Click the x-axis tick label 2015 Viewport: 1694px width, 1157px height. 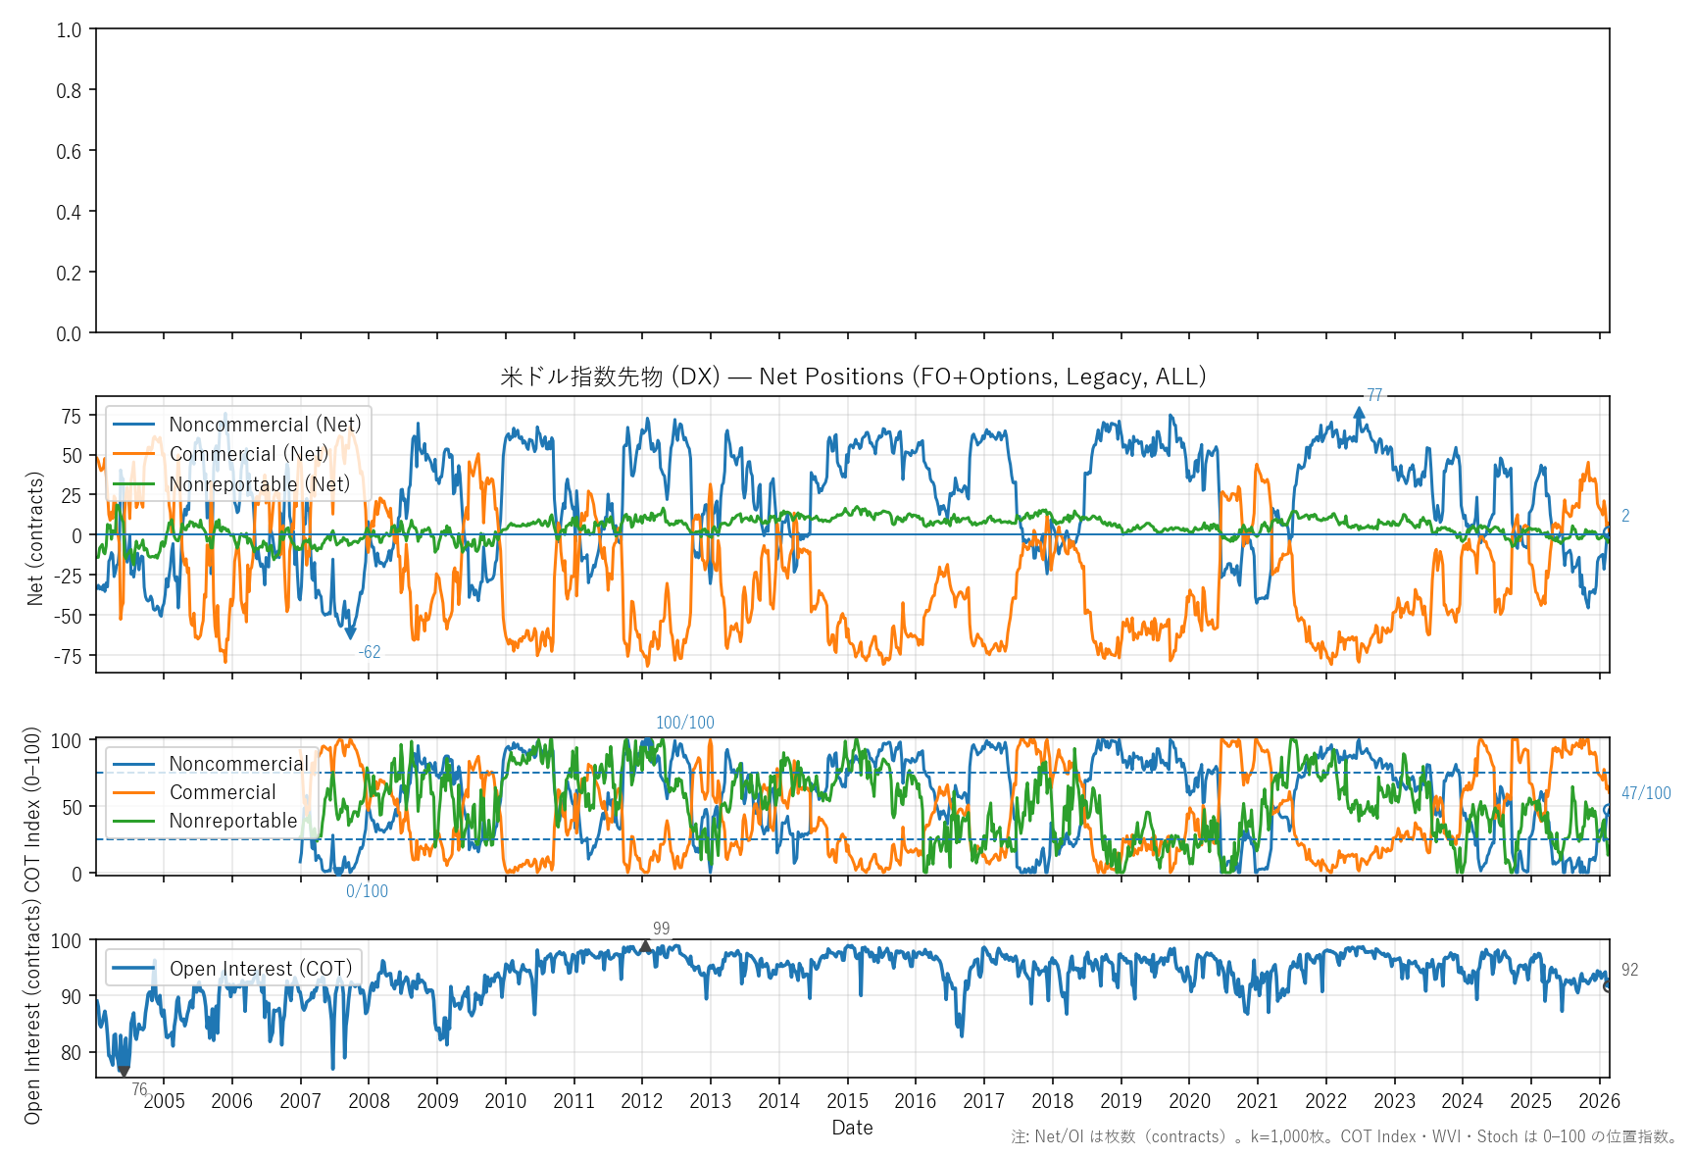point(847,1101)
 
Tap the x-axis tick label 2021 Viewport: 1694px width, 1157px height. point(1257,1101)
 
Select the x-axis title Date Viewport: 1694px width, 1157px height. point(852,1128)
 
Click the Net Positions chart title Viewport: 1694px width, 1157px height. point(852,377)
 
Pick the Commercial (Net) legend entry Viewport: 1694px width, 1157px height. point(248,454)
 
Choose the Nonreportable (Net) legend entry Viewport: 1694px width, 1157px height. point(259,484)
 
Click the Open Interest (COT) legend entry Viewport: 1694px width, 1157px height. point(260,969)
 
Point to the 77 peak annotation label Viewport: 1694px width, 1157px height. point(1374,395)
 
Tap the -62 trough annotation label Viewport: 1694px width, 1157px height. point(369,652)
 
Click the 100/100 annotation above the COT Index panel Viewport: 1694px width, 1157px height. point(684,723)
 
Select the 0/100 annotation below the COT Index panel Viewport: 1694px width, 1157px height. point(367,891)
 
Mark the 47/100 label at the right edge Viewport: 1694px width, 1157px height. point(1646,793)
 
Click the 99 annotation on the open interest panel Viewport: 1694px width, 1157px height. point(662,929)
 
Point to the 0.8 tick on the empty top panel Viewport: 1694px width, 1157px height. point(69,90)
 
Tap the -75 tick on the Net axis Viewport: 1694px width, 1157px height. point(69,656)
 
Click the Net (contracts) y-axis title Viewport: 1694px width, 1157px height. point(35,538)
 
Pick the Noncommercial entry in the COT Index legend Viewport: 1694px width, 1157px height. point(238,764)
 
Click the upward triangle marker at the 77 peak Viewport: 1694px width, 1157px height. point(1360,413)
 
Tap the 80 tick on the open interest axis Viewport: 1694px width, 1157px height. point(71,1053)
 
